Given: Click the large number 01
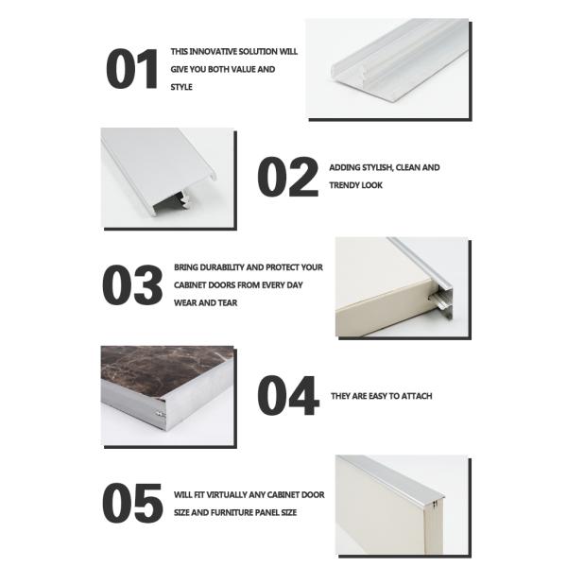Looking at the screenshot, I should [132, 69].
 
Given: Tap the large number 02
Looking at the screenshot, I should [288, 177].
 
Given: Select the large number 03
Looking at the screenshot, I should [132, 285].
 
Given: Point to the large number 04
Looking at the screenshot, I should [288, 396].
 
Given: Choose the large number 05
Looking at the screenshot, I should [132, 503].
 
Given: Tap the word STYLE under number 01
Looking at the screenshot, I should [181, 87].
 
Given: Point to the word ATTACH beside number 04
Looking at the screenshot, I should [416, 396].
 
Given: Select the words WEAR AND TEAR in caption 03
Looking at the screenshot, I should [205, 303].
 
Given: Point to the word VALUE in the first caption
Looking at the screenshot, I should [244, 70].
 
